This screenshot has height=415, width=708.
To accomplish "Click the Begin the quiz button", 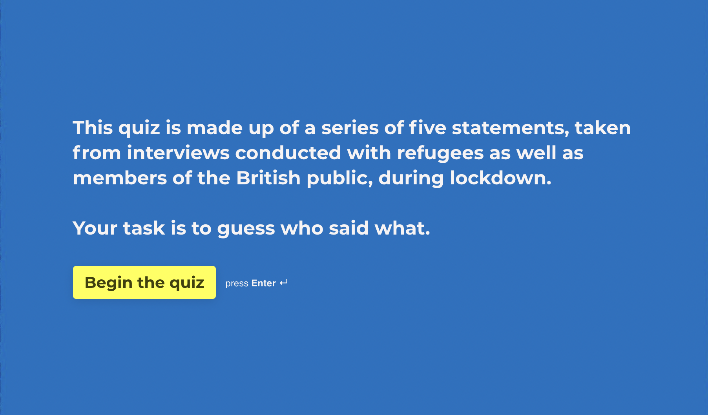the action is point(144,282).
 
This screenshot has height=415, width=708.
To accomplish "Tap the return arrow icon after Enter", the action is point(284,282).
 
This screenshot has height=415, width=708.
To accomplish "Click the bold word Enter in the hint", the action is point(263,283).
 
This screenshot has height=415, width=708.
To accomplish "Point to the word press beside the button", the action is point(237,284).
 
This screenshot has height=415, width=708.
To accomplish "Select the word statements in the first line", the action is point(510,128).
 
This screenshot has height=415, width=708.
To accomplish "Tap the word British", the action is point(268,178).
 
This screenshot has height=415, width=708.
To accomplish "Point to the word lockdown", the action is point(500,178).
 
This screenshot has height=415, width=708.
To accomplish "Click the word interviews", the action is point(178,153).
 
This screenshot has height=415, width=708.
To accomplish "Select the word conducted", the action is point(288,153).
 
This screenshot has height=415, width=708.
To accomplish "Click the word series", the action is point(350,128).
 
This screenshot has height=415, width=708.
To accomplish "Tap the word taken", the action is point(603,128).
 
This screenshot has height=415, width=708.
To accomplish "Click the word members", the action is point(120,178).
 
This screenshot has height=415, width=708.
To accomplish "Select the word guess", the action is point(246,229).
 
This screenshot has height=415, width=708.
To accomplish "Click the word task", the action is point(144,228).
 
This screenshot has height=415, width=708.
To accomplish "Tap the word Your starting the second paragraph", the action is point(95,228).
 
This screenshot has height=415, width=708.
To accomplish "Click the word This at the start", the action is point(93,128).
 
